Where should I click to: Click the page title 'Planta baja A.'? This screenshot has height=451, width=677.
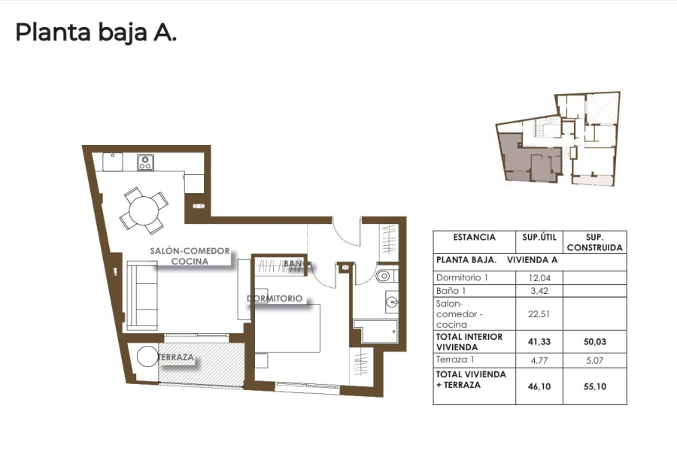96,33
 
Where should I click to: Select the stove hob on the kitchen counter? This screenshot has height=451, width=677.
145,162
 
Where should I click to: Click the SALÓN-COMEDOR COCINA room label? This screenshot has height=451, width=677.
189,256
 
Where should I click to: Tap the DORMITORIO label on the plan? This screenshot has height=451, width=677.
275,298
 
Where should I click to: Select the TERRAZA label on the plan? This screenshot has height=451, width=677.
177,358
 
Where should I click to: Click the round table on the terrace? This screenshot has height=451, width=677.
147,357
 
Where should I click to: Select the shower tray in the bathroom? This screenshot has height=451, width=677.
375,331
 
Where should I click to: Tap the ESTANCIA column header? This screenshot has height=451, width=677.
474,238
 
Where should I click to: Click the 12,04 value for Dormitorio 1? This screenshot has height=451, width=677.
539,277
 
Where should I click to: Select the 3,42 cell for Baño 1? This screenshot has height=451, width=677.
539,290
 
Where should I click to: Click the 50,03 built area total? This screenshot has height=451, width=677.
594,341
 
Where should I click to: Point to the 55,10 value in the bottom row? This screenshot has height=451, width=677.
594,385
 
